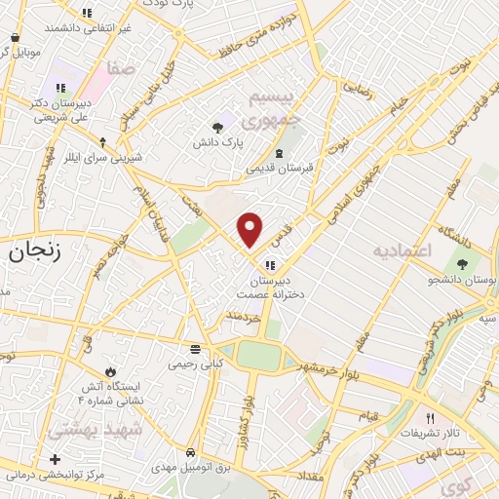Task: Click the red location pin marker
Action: click(250, 229)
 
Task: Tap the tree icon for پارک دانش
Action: click(217, 127)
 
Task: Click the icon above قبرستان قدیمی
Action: click(280, 153)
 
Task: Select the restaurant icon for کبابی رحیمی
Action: click(195, 349)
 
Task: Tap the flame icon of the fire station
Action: click(110, 371)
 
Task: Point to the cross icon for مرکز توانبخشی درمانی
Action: click(55, 459)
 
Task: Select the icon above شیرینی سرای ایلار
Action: click(103, 141)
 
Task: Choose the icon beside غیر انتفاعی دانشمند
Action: click(86, 14)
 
